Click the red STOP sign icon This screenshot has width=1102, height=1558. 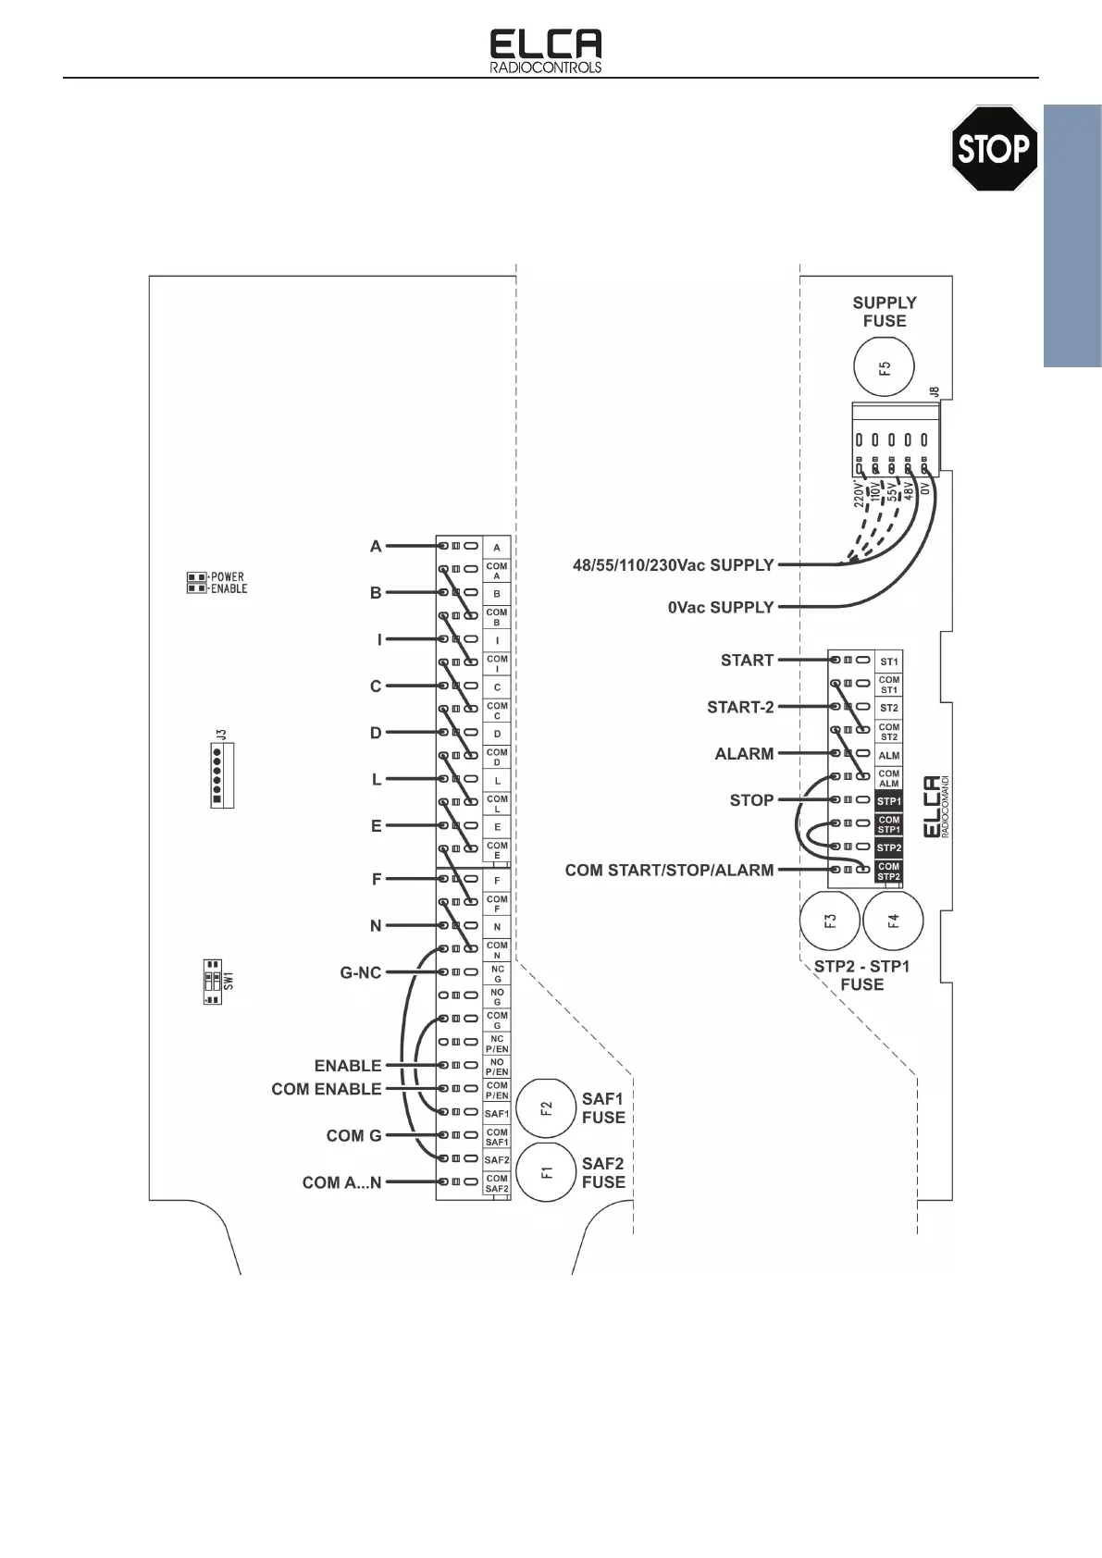tap(994, 148)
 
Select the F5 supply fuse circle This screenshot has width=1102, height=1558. tap(884, 367)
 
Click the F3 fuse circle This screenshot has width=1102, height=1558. tap(830, 921)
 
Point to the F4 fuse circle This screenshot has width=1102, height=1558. tap(893, 921)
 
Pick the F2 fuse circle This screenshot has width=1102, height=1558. tap(546, 1107)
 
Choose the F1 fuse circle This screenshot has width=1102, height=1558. tap(546, 1172)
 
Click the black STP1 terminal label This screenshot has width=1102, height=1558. tap(888, 801)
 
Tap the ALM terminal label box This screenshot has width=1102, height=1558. tap(888, 755)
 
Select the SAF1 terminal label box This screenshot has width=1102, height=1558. tap(497, 1113)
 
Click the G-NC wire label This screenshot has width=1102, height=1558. tap(361, 973)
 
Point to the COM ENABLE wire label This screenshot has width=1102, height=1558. tap(327, 1089)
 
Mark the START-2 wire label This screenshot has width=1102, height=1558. tap(740, 708)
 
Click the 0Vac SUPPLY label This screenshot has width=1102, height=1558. tap(721, 608)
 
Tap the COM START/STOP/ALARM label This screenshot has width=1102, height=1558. tap(669, 871)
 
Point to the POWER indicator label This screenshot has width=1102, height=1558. tap(228, 576)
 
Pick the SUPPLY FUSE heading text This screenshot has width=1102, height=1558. tap(885, 312)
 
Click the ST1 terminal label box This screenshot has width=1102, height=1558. tap(888, 662)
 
